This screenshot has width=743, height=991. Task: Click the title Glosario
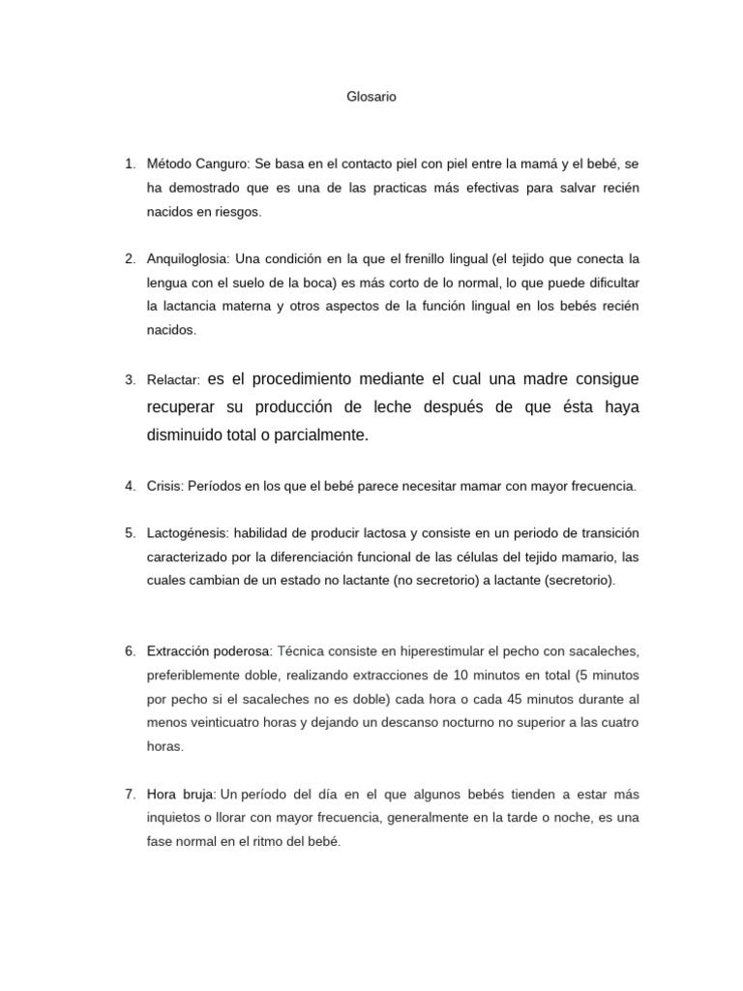click(371, 97)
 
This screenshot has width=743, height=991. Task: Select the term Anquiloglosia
click(189, 259)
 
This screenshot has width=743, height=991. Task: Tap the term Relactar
click(173, 380)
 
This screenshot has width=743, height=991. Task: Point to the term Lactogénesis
click(187, 533)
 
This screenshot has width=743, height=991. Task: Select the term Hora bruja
click(180, 795)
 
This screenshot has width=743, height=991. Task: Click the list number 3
click(130, 380)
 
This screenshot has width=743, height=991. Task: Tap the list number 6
click(130, 651)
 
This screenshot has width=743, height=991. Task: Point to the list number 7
click(130, 795)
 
